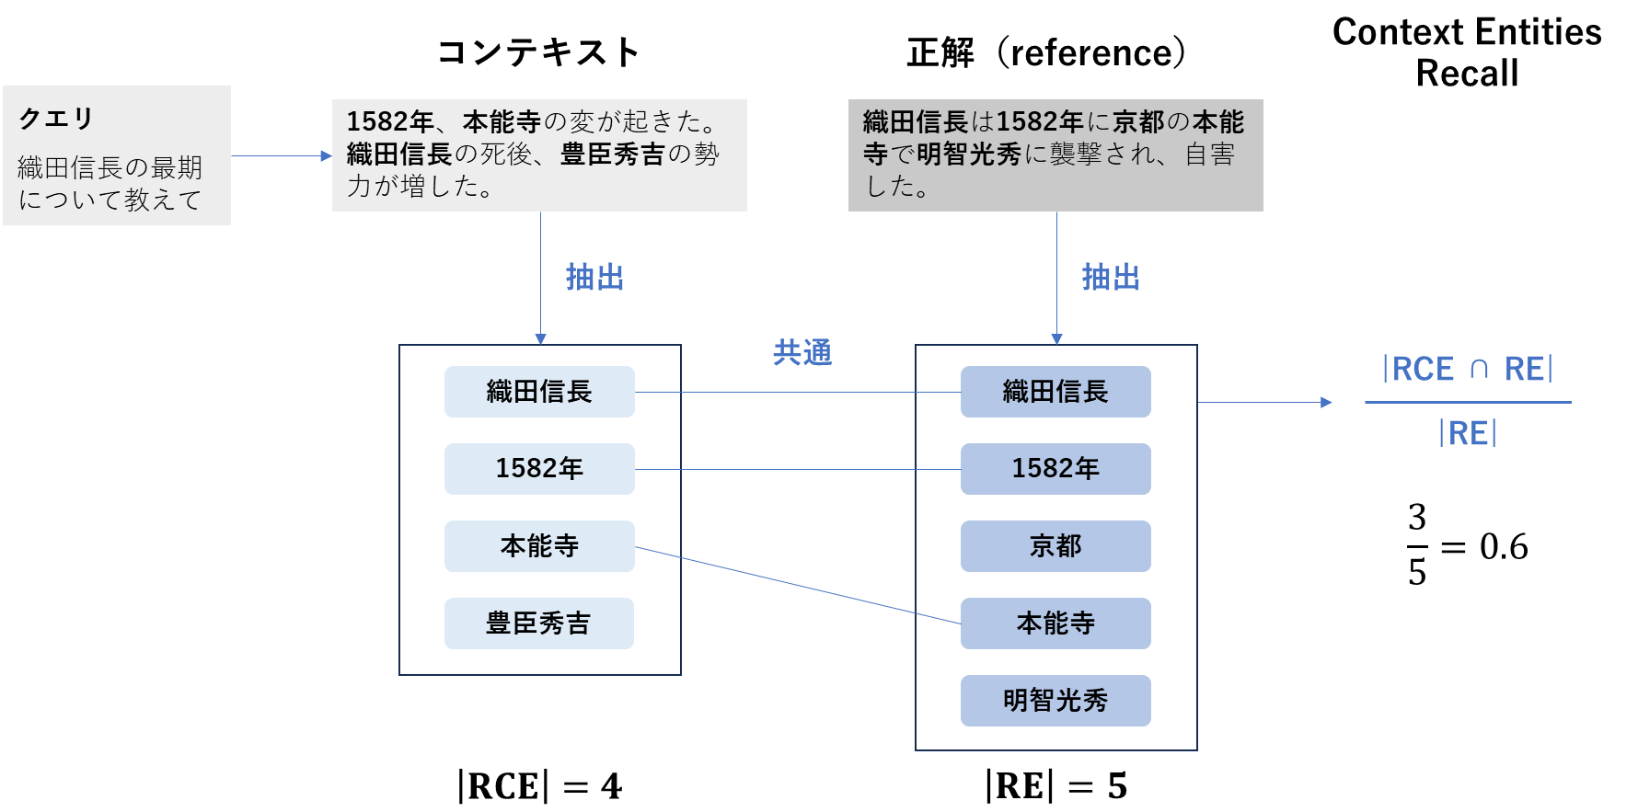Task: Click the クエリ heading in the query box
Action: click(56, 119)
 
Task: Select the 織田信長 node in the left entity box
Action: click(539, 392)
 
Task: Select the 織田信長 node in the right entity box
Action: click(1055, 392)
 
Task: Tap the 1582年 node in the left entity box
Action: click(539, 469)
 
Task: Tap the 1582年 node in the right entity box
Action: click(1055, 469)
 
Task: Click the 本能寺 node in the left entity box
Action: click(539, 546)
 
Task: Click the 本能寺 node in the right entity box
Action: click(1055, 623)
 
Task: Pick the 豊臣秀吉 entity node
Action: click(539, 623)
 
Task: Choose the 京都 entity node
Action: click(1055, 546)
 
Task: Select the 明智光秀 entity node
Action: click(1055, 701)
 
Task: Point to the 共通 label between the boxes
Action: click(802, 352)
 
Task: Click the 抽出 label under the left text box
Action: click(594, 277)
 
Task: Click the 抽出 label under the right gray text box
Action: click(1111, 277)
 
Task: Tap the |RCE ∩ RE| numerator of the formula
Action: click(1467, 370)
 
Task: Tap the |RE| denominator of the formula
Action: click(1467, 433)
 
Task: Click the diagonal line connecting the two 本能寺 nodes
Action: click(797, 585)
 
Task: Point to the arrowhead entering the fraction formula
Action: click(1326, 402)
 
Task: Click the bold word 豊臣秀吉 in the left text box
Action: click(612, 154)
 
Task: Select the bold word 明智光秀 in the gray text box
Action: click(968, 154)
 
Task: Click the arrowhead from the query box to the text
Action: click(326, 156)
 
